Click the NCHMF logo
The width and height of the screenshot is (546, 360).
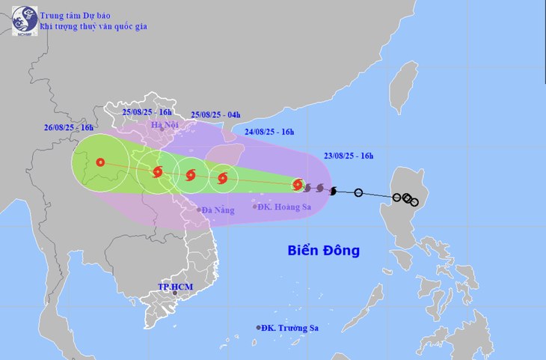25,20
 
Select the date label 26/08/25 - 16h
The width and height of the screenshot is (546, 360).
69,128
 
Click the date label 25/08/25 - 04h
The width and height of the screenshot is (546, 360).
215,115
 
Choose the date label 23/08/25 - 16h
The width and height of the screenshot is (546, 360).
349,156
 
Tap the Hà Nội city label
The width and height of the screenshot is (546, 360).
167,125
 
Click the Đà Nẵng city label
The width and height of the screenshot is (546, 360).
217,210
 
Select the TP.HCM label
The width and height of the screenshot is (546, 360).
175,287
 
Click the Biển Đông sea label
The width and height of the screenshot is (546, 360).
323,250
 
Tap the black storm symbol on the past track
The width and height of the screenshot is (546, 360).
334,191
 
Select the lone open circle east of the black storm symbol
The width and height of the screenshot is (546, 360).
358,193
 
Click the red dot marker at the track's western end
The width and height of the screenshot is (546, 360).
99,162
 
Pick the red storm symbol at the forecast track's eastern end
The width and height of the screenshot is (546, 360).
298,184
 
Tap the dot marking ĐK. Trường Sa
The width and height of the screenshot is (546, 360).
259,328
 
